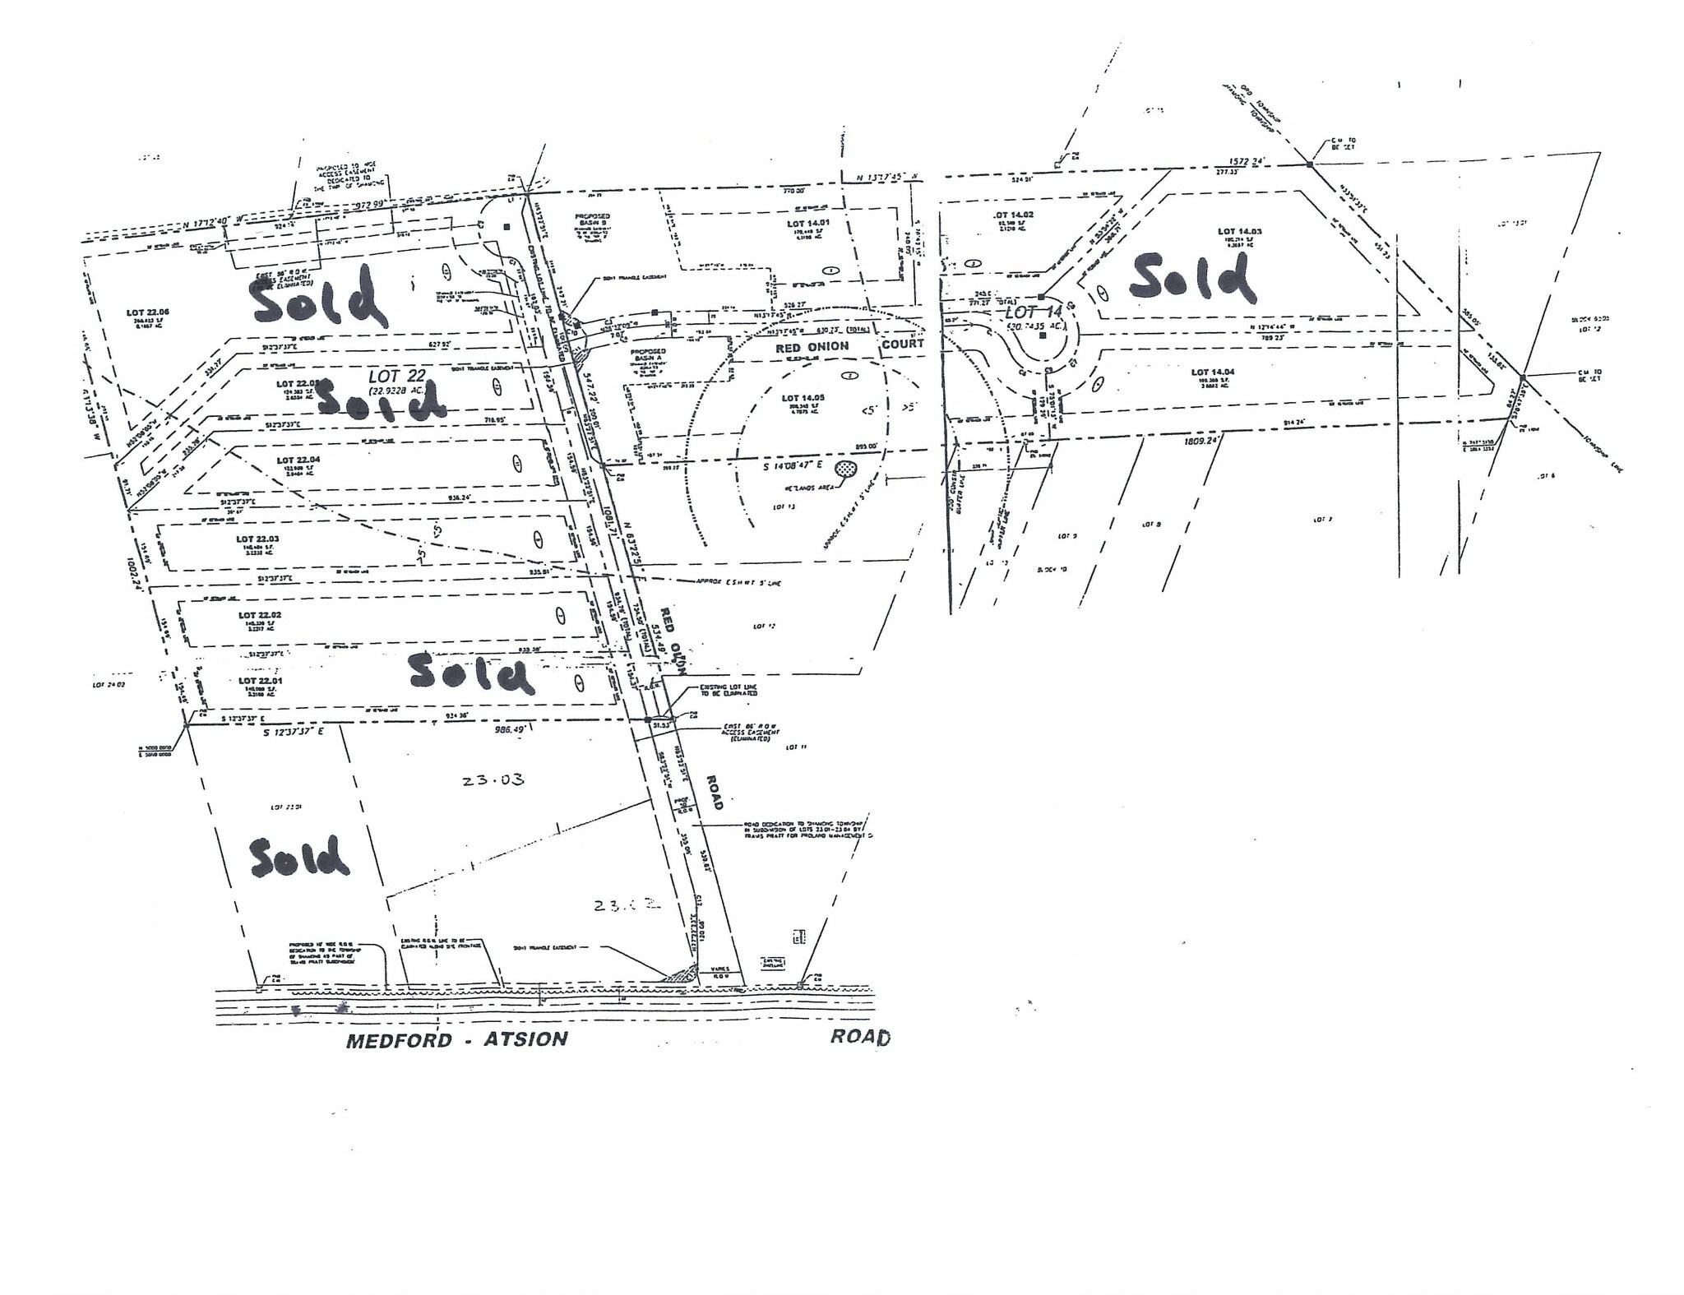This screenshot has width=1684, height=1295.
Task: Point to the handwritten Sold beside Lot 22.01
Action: coord(471,673)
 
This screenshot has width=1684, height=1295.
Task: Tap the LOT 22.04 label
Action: coord(297,460)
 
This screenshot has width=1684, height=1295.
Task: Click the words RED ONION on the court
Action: coord(812,345)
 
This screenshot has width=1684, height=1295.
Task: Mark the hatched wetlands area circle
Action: coord(845,469)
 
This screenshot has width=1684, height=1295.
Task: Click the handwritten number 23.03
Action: coord(493,779)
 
